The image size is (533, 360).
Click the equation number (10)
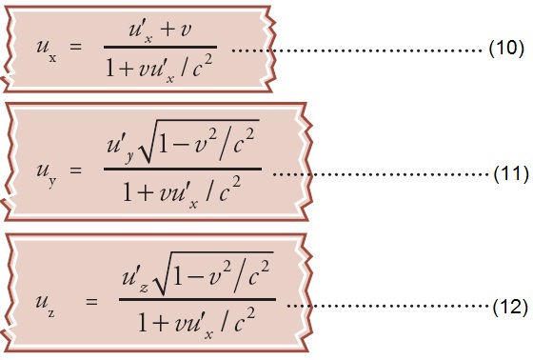click(502, 49)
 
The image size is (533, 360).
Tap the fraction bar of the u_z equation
click(197, 301)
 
